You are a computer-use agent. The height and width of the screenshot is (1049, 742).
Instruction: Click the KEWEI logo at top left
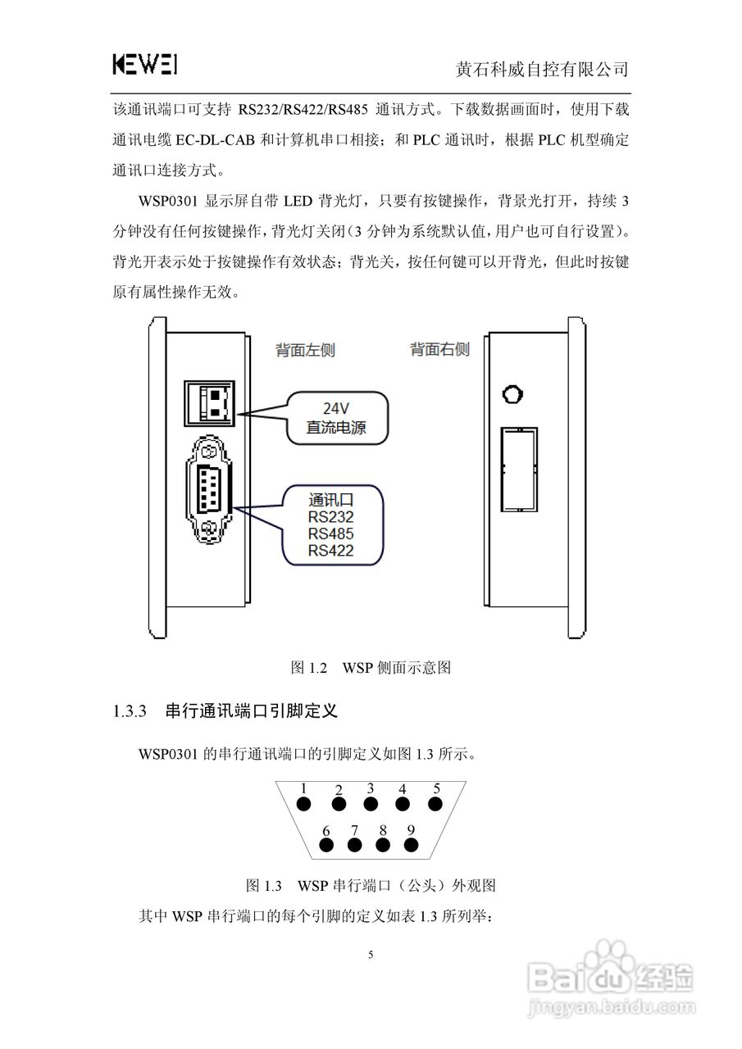click(145, 65)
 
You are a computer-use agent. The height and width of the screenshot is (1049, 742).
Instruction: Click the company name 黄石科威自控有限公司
click(542, 69)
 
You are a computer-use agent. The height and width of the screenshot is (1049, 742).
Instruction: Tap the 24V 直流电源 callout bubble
click(335, 417)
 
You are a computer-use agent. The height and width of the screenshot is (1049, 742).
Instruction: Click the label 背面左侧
click(304, 350)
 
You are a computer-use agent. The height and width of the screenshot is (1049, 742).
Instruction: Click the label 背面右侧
click(439, 350)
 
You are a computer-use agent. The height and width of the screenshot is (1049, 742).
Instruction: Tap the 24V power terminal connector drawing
click(210, 402)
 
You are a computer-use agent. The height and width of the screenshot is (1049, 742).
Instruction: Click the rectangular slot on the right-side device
click(520, 469)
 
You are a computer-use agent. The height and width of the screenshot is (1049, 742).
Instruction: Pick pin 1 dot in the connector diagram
click(303, 805)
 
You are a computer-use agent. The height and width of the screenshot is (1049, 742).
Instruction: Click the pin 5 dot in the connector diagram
click(436, 805)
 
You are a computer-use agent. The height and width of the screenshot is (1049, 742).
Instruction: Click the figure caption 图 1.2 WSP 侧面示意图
click(371, 668)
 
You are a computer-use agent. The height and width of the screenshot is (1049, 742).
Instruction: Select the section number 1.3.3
click(129, 711)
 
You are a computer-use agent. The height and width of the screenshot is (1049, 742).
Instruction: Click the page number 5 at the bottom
click(371, 955)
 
